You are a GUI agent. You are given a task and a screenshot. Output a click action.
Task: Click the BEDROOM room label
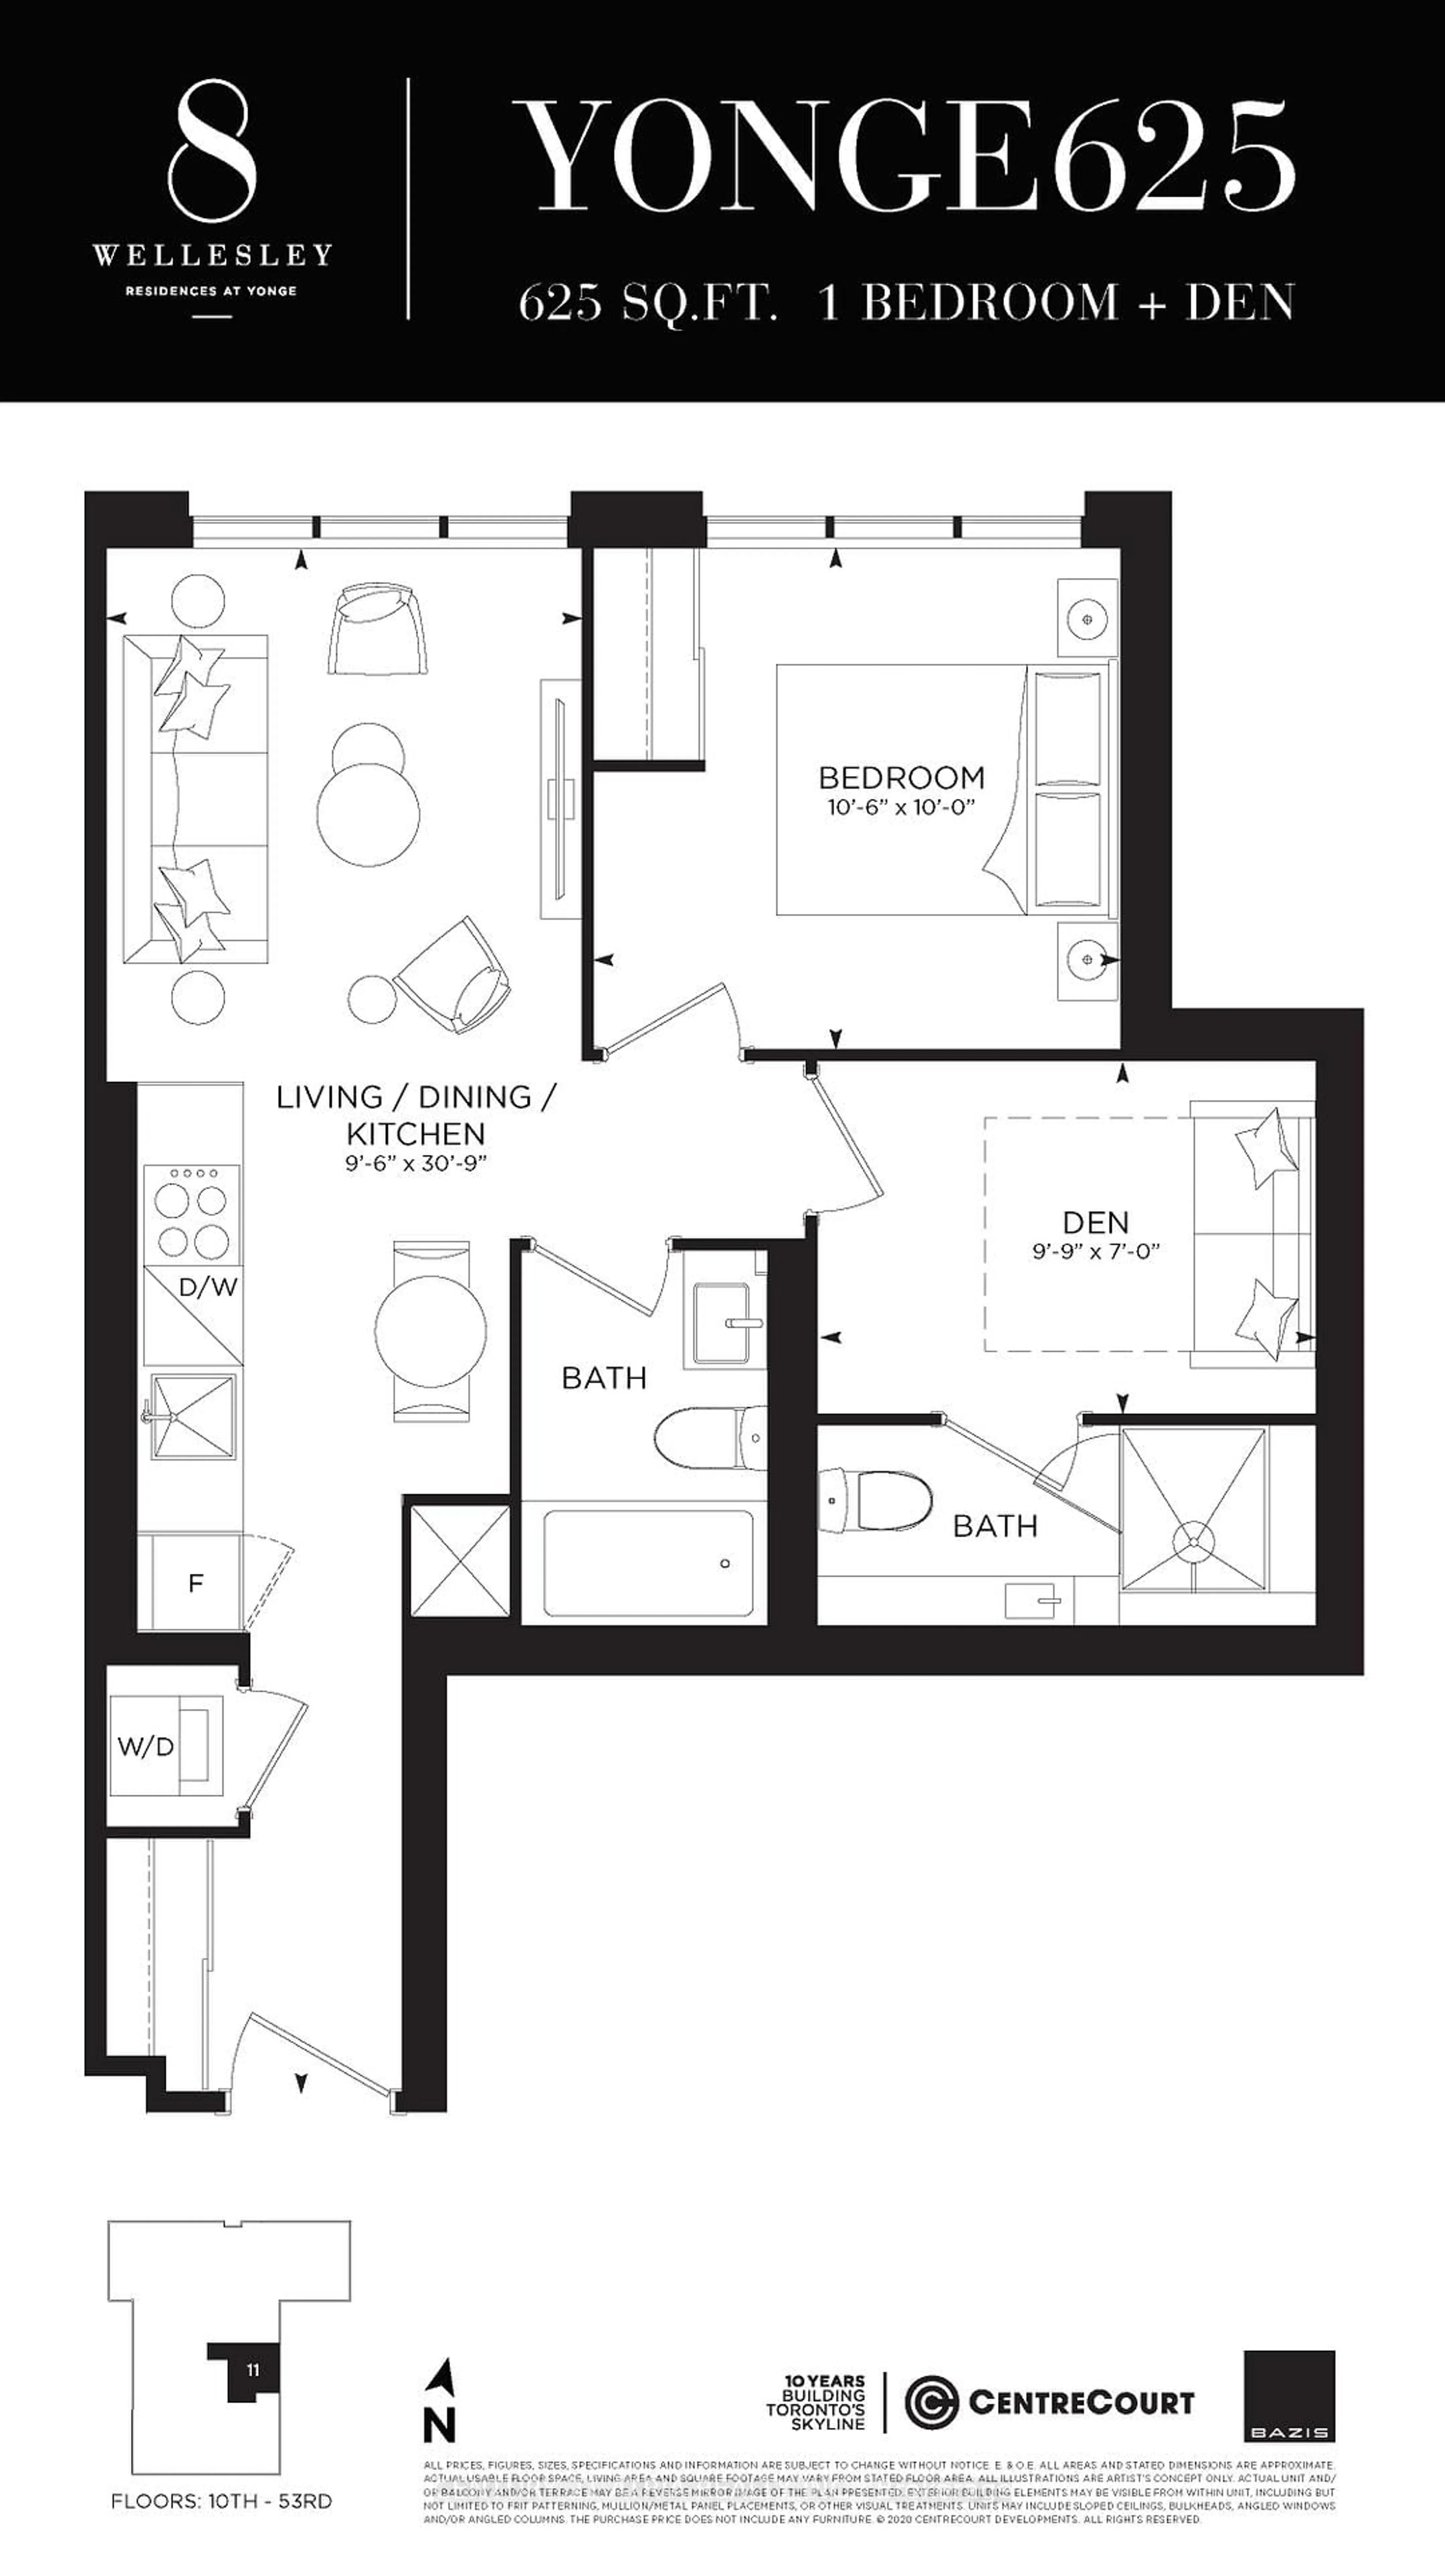(900, 777)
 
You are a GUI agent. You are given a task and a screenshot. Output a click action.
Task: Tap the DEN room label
(1095, 1222)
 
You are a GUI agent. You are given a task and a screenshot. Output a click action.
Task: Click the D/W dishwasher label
(207, 1287)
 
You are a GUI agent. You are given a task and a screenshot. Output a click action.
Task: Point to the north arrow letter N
(440, 2424)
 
